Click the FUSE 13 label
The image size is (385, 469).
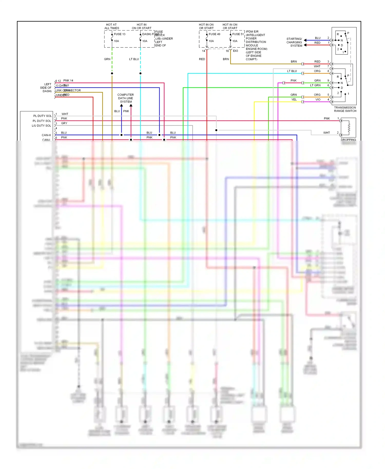120,34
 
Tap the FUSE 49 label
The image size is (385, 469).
214,34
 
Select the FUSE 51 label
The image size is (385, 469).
238,34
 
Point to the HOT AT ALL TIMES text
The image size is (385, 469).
112,26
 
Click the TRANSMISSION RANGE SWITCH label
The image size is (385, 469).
345,109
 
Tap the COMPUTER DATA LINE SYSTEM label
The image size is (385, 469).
126,98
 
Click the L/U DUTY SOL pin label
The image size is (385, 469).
41,126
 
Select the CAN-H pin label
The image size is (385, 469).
46,135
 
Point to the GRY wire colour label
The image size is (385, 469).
64,123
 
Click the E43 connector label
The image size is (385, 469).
235,51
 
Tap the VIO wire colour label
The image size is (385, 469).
318,100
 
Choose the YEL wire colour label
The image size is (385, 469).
294,100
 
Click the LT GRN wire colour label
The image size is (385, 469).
315,85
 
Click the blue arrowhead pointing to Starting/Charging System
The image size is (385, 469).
305,40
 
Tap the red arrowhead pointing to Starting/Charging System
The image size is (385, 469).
305,45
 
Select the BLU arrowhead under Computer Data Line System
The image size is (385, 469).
121,105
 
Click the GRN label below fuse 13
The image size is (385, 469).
107,59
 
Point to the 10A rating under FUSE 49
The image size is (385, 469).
211,41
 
